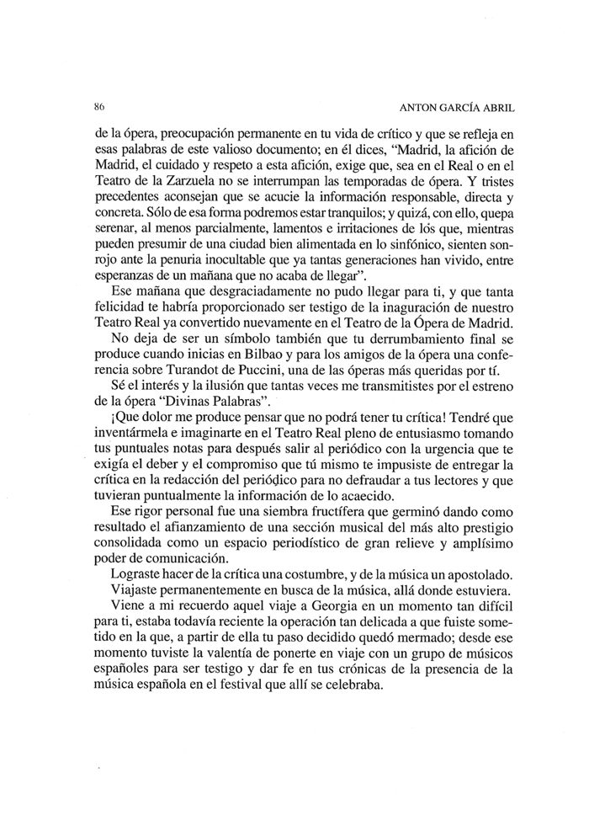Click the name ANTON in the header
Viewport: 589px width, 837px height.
[x=409, y=109]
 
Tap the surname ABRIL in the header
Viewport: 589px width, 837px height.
[x=496, y=109]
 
